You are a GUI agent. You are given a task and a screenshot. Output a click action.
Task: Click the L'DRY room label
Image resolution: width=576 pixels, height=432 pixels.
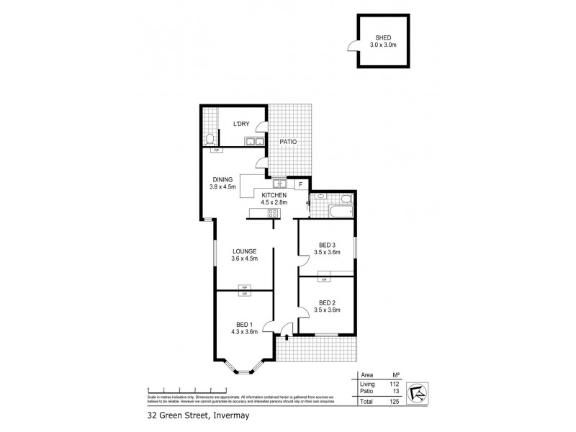(241, 124)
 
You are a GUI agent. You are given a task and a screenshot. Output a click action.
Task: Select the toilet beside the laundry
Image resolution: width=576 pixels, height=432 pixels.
(210, 138)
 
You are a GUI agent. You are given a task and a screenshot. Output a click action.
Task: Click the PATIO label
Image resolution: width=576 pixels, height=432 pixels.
(288, 142)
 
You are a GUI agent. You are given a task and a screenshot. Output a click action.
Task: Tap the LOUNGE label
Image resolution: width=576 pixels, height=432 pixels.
(245, 251)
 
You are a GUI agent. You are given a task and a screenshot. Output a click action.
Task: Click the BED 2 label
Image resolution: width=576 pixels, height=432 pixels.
(326, 302)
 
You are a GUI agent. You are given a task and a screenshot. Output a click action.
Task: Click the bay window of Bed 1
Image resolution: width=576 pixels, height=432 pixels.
(243, 369)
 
